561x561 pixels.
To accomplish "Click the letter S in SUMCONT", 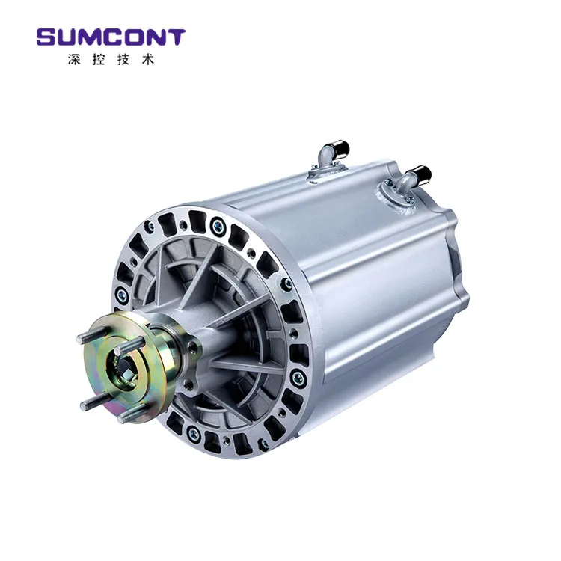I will pyautogui.click(x=46, y=37).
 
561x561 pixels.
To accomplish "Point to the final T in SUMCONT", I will pyautogui.click(x=177, y=37).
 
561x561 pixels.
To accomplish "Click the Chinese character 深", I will pyautogui.click(x=73, y=59).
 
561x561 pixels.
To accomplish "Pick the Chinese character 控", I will pyautogui.click(x=97, y=59).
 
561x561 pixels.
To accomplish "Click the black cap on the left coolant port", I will pyautogui.click(x=339, y=149).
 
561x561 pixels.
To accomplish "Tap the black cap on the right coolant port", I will pyautogui.click(x=423, y=174).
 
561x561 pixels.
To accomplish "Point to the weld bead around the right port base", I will pyautogui.click(x=394, y=196).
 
